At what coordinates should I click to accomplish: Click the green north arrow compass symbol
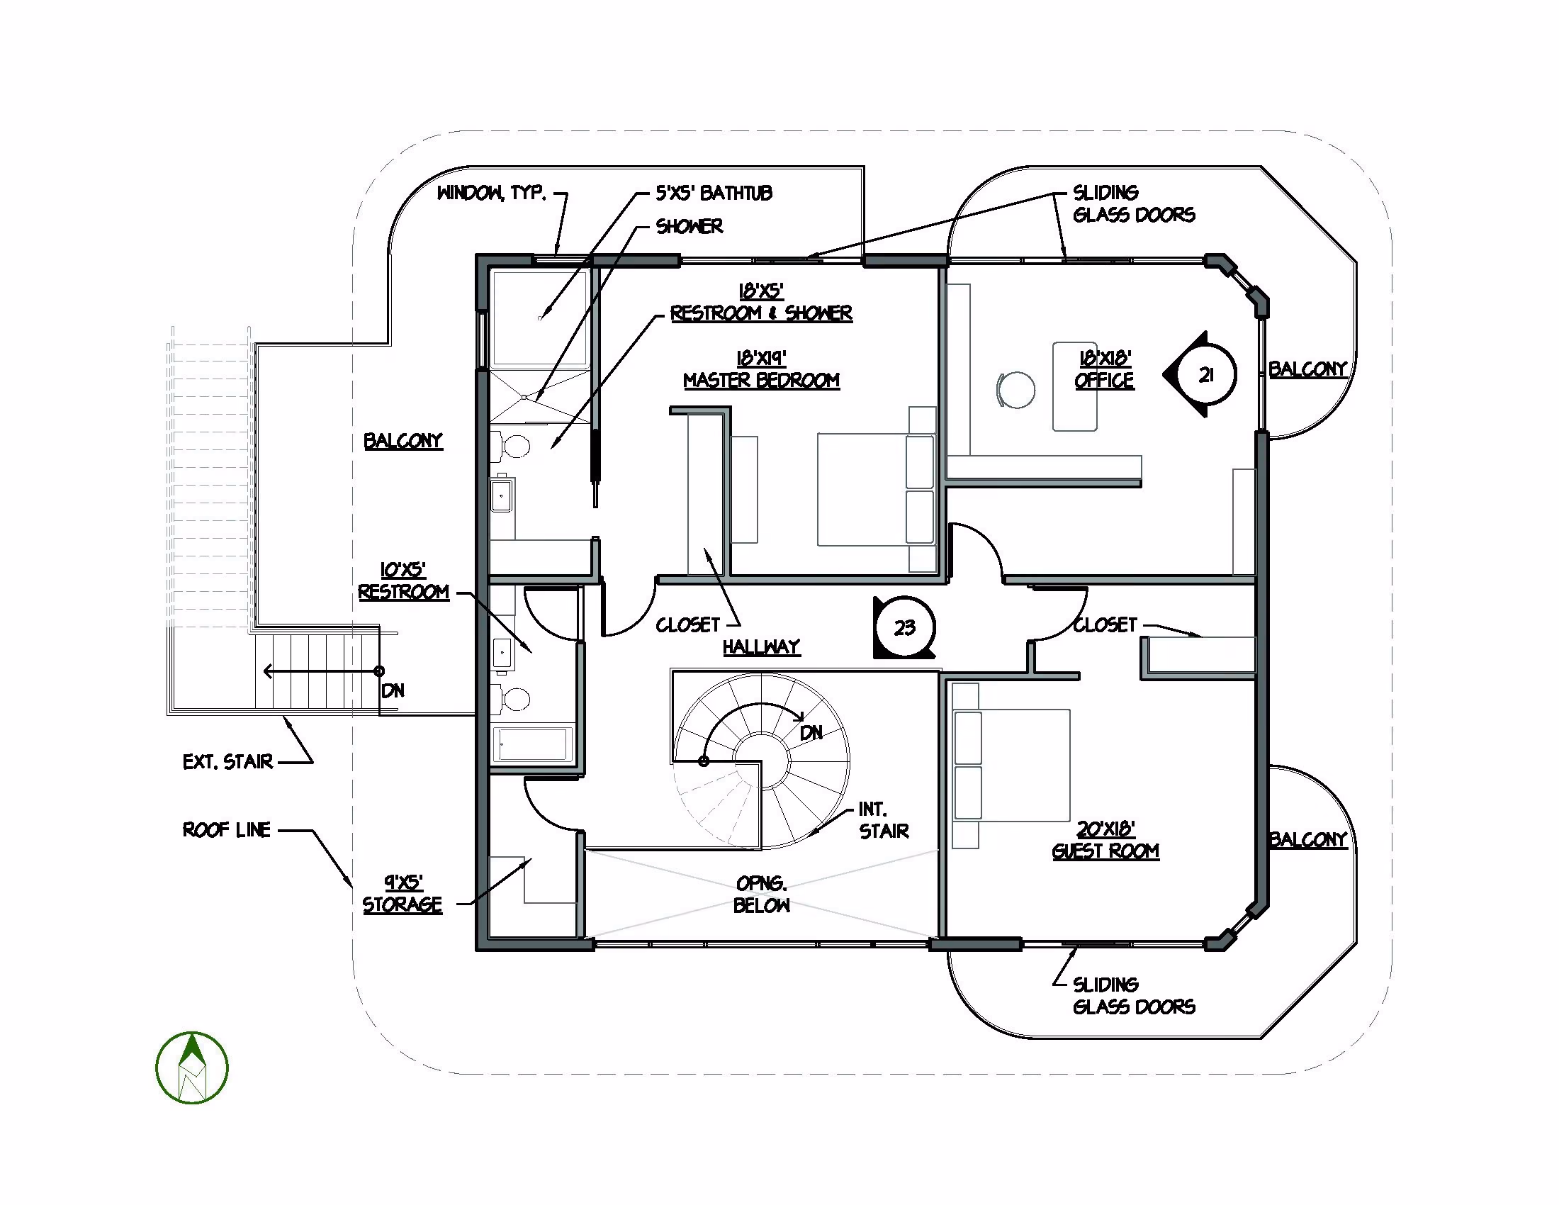click(192, 1068)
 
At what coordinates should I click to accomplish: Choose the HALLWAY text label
click(761, 646)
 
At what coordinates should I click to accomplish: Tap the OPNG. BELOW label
click(762, 895)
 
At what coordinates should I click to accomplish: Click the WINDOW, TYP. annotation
click(492, 193)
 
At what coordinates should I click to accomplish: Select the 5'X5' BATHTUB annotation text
click(714, 193)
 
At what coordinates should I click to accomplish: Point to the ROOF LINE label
click(227, 829)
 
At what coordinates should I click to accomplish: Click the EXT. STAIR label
click(227, 762)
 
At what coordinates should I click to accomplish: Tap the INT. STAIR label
click(884, 820)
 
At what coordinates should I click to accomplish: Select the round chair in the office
click(1015, 390)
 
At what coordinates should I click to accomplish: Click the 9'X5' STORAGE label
click(403, 894)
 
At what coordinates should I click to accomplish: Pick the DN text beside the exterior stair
click(393, 690)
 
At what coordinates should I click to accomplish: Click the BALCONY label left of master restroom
click(403, 441)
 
